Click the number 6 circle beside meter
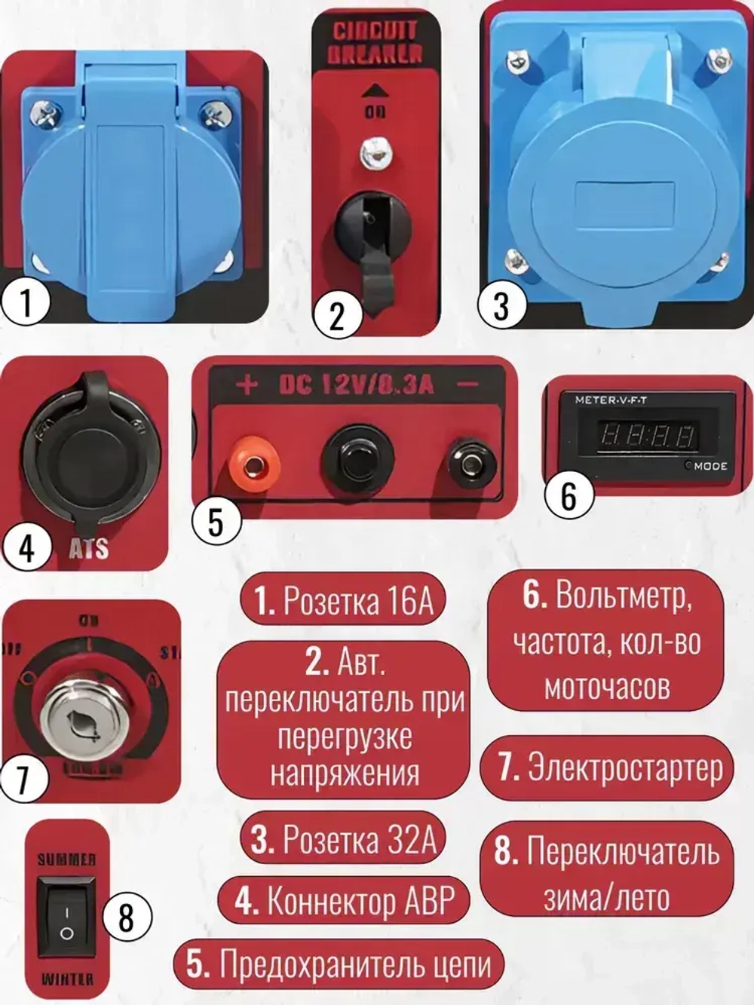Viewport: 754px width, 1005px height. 569,495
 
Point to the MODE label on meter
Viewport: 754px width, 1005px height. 710,466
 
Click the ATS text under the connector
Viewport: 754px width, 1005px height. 89,548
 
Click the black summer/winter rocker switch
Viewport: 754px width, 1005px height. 66,917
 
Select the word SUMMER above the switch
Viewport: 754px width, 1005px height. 66,859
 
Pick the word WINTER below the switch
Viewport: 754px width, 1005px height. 66,979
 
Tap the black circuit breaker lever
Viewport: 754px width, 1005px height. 373,241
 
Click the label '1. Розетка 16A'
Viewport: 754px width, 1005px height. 343,601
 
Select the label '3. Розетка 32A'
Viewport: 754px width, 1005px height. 343,839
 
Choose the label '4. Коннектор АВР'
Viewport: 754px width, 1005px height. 343,901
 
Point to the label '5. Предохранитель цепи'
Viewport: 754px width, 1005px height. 339,964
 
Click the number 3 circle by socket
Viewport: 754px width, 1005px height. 501,306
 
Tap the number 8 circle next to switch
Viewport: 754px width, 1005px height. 126,918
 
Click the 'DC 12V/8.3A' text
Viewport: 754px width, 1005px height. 356,385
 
